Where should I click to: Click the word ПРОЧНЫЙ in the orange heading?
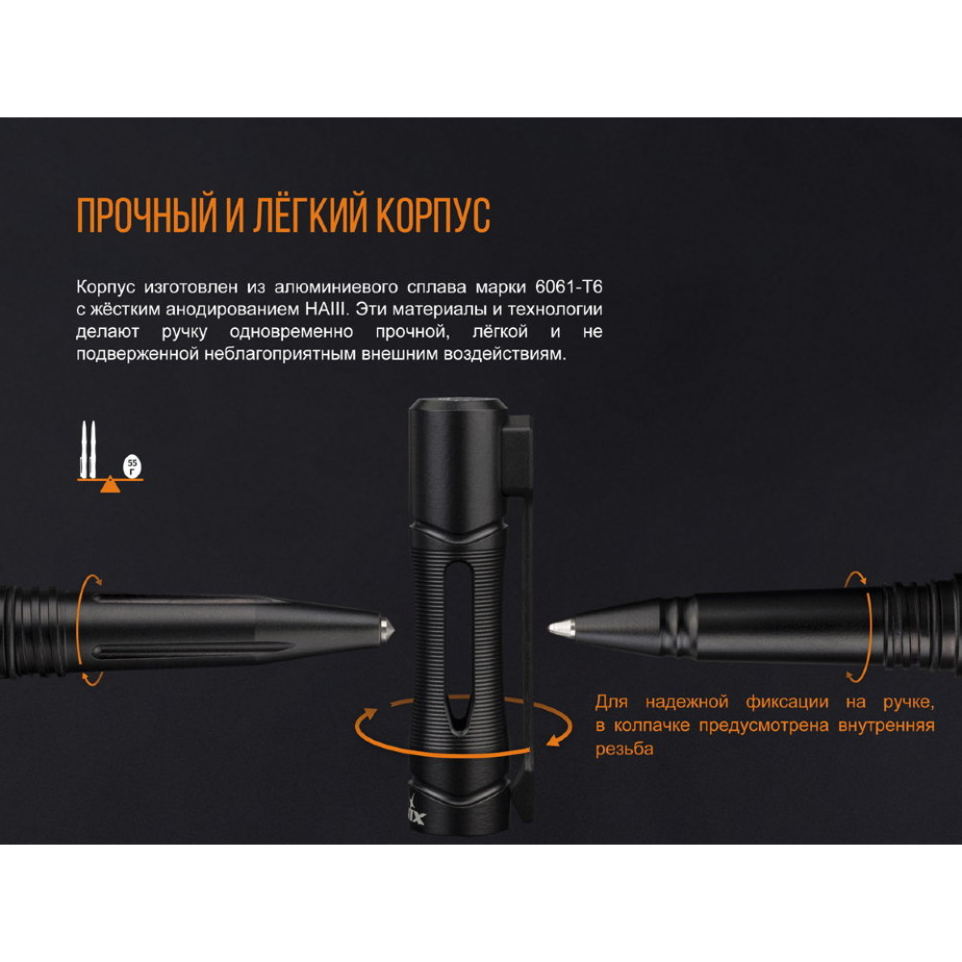click(147, 215)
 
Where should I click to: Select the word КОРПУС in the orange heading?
click(433, 215)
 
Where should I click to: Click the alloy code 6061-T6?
click(569, 287)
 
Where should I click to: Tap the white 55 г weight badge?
click(132, 467)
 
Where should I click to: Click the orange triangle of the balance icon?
click(110, 485)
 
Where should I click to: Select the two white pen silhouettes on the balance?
click(89, 449)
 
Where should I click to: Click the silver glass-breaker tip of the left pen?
click(386, 629)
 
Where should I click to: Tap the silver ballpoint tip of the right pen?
click(561, 627)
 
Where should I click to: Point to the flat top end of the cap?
click(458, 403)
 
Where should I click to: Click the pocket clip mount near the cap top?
click(517, 453)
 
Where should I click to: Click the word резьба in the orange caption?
click(624, 749)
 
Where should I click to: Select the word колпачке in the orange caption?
click(652, 725)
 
